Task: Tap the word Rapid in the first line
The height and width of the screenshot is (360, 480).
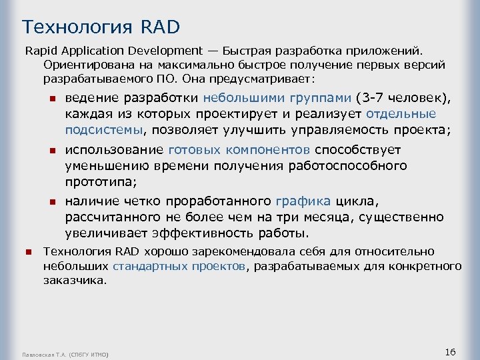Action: pos(39,51)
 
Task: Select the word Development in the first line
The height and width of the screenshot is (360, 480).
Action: pos(169,51)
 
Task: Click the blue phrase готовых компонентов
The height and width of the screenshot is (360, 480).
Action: pos(239,149)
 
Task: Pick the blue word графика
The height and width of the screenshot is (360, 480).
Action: pos(303,201)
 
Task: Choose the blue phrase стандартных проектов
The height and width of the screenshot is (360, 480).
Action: pos(179,267)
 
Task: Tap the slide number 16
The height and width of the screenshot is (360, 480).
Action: pos(449,351)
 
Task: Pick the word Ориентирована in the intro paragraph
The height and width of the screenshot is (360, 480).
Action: pos(79,65)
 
